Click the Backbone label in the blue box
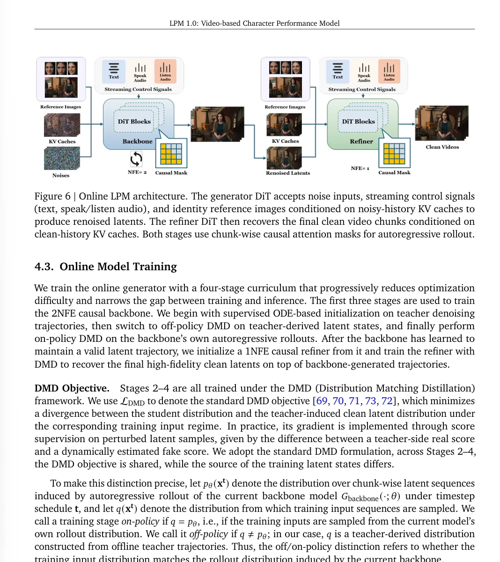(x=137, y=141)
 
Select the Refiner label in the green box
(x=361, y=141)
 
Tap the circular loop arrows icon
(x=136, y=159)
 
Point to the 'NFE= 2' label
(x=137, y=172)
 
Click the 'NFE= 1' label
(x=360, y=168)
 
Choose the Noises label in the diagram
(x=61, y=176)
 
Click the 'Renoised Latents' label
(x=288, y=173)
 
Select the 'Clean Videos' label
(x=442, y=147)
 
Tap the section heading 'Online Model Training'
(x=118, y=266)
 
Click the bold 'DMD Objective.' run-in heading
(x=72, y=388)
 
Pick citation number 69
(x=322, y=401)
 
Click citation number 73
(x=370, y=401)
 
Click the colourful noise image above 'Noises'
(x=62, y=158)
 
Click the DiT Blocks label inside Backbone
(x=134, y=121)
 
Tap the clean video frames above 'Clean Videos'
(x=441, y=123)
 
